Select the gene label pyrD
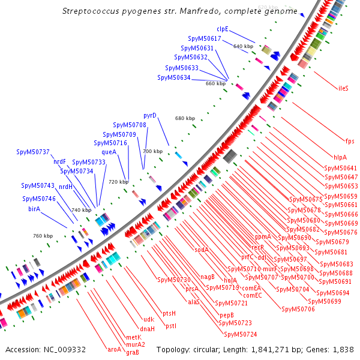coord(150,115)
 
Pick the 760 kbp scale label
coord(42,236)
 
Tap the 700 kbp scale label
coord(152,152)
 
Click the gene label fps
coord(350,141)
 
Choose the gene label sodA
coord(201,250)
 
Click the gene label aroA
coord(114,349)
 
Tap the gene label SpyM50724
coord(240,334)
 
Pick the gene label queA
coord(109,152)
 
